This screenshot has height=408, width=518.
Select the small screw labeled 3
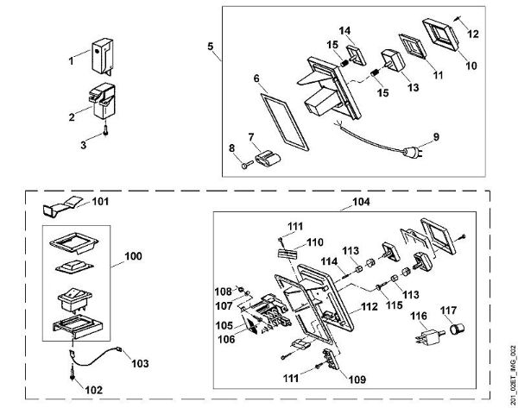tap(104, 130)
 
